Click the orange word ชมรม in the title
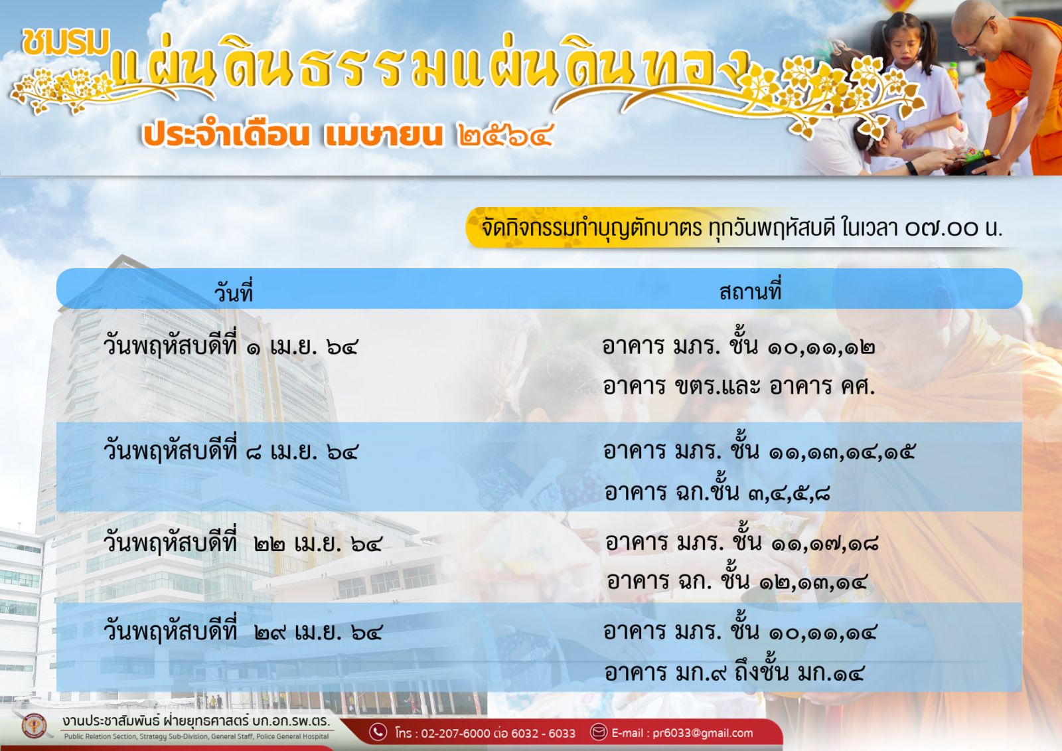click(66, 42)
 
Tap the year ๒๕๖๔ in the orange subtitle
click(505, 135)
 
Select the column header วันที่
click(233, 292)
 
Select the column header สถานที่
click(750, 290)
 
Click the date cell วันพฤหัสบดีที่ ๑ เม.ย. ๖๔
click(230, 347)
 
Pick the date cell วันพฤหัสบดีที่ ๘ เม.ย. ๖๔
click(230, 451)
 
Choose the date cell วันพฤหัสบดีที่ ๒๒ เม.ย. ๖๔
click(242, 542)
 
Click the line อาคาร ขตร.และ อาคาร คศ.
click(739, 386)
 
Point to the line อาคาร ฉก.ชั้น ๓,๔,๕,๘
click(718, 491)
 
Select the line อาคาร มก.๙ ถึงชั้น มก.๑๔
click(734, 671)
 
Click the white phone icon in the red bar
click(378, 732)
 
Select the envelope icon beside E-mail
click(598, 732)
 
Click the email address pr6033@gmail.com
click(703, 733)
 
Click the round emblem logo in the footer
click(34, 726)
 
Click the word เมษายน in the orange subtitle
click(384, 135)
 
